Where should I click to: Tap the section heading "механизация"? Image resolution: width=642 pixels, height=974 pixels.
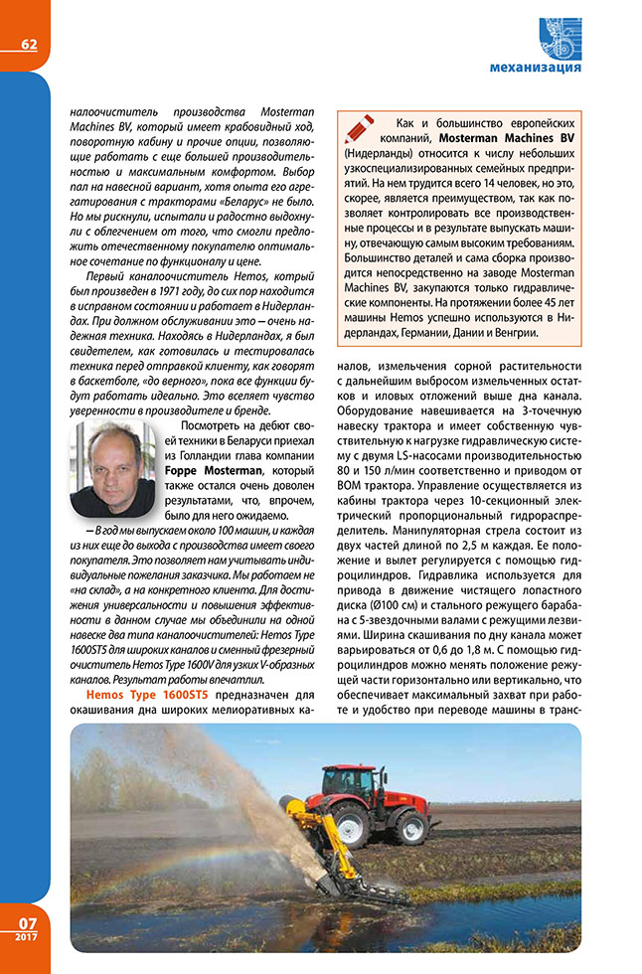(536, 68)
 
